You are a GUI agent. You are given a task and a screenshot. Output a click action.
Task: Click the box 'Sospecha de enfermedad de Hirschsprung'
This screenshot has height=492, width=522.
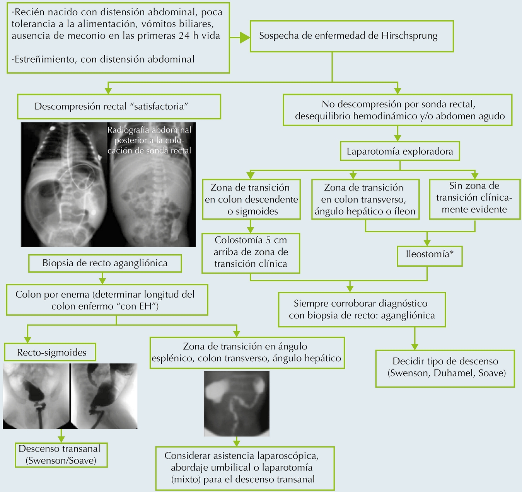351,36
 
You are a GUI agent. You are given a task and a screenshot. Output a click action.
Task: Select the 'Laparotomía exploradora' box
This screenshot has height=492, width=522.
400,152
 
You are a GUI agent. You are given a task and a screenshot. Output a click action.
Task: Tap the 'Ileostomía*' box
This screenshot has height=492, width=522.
429,255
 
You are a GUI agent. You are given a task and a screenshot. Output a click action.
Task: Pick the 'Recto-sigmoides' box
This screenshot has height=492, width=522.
51,352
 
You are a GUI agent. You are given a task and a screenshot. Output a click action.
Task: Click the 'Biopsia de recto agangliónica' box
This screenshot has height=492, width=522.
105,264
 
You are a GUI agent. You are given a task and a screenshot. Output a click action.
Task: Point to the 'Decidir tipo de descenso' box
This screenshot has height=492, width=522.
445,368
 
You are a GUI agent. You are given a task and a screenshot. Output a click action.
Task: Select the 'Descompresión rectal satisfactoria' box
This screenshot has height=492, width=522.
119,107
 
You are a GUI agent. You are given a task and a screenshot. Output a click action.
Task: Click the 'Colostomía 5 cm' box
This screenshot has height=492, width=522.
251,252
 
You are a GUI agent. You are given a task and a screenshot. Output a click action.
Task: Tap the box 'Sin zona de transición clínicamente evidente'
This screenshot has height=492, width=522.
474,198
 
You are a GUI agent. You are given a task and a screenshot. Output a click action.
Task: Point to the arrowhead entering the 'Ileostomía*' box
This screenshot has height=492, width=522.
427,243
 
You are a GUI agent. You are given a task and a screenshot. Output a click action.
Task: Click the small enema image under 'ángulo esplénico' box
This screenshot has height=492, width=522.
237,403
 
